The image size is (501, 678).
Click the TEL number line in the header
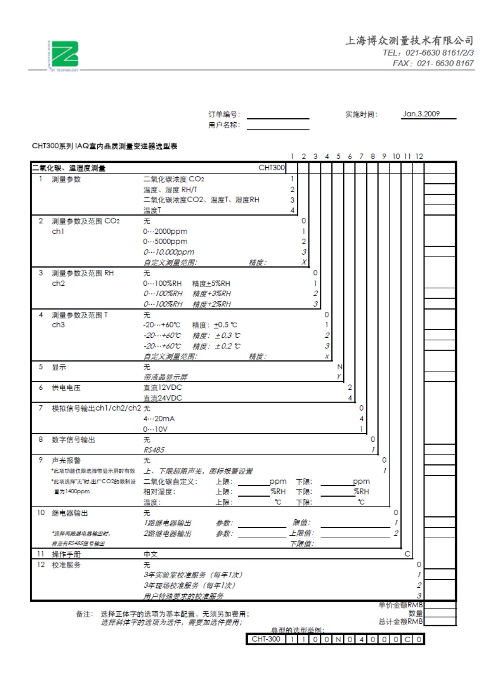tap(428, 53)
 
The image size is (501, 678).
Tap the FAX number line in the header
tap(433, 63)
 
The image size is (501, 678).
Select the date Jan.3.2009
tap(421, 114)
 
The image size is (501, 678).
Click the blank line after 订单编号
tap(278, 116)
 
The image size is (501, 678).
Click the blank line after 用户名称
tap(278, 127)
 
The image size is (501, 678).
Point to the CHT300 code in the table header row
tap(271, 168)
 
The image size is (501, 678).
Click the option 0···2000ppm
tap(165, 232)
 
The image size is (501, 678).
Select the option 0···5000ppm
tap(165, 241)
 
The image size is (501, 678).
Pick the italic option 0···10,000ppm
tap(169, 252)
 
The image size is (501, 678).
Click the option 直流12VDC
tap(163, 387)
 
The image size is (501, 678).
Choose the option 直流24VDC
tap(163, 398)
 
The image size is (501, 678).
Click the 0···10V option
tap(155, 429)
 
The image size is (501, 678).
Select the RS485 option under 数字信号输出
tap(154, 450)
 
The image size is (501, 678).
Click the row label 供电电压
tap(66, 388)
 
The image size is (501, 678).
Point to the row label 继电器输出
tap(69, 513)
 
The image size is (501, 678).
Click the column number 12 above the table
tap(419, 156)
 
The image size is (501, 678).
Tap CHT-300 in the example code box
tap(266, 639)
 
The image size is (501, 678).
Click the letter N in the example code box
tap(338, 639)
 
